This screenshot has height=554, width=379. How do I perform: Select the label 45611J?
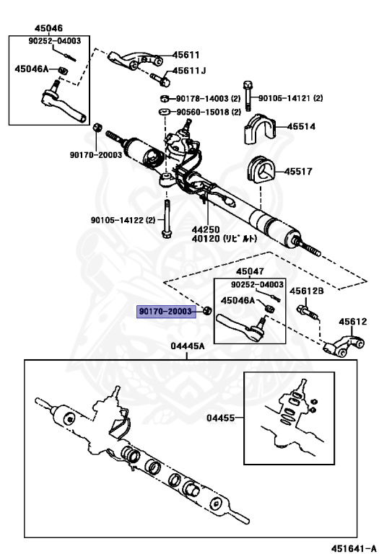click(188, 71)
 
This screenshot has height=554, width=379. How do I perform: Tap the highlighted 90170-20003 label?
click(167, 312)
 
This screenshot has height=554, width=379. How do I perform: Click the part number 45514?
click(301, 126)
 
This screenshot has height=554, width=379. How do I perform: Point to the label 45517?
click(298, 172)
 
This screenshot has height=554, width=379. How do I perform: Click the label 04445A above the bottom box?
click(188, 347)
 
